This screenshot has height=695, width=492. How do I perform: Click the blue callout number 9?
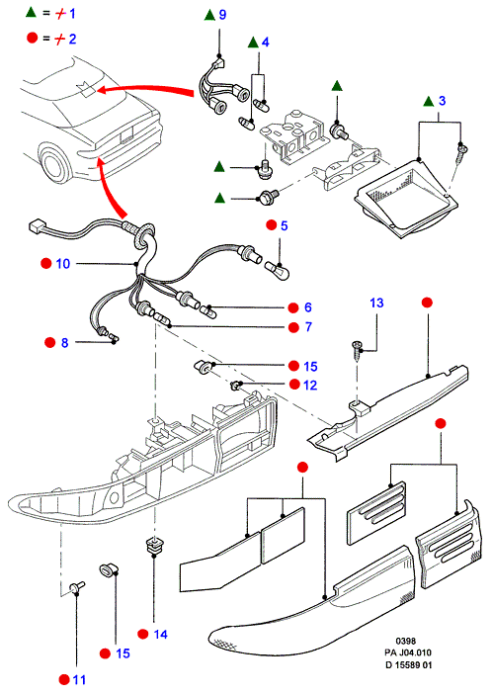[222, 15]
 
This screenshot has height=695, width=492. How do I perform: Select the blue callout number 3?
[442, 101]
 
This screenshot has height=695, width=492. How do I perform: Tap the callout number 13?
[376, 303]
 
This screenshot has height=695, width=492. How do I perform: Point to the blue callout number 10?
[63, 264]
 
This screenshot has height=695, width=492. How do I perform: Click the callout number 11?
[79, 679]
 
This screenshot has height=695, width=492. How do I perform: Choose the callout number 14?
[160, 635]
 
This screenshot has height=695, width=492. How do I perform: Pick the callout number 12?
[310, 385]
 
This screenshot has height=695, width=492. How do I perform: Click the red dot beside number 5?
[272, 225]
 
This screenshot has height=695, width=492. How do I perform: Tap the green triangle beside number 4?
[253, 43]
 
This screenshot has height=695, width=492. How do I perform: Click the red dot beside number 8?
[50, 342]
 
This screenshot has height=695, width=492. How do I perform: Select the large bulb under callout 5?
[278, 270]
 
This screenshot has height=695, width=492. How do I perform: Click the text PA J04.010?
[407, 652]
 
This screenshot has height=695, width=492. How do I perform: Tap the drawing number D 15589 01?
[408, 665]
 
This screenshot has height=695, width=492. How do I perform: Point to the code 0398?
[406, 641]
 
